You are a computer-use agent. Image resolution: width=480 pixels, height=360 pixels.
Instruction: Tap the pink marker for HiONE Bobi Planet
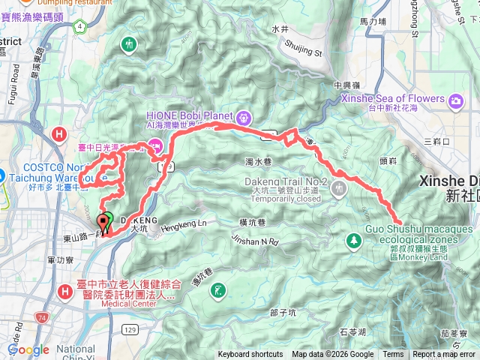point(244,118)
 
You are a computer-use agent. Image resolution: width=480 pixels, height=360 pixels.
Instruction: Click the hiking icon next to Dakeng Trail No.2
point(340,187)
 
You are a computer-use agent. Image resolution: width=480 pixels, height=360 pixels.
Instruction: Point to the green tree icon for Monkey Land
point(353,241)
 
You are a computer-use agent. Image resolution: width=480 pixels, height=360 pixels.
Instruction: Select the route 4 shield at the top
point(79,27)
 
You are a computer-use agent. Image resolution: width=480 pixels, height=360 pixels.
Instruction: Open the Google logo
point(28,349)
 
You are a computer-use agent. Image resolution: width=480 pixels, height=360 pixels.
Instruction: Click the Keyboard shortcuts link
point(250,355)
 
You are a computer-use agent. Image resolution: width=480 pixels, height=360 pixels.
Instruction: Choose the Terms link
point(393,355)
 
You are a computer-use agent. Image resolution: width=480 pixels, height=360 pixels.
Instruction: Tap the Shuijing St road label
point(305,47)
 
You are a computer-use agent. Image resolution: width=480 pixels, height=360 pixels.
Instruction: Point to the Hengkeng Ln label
point(183,224)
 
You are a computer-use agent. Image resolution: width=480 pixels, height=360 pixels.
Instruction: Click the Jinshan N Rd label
point(255,242)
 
